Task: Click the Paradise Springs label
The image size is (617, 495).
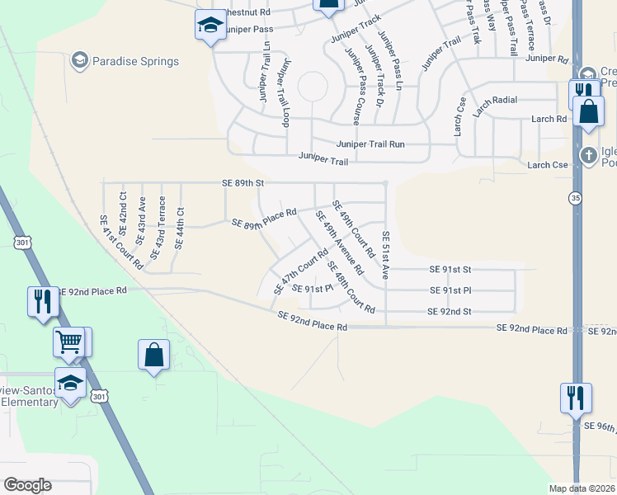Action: point(135,61)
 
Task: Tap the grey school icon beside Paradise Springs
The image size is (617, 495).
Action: point(79,59)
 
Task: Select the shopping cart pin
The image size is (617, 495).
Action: point(69,340)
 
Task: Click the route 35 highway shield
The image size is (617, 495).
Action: point(575,198)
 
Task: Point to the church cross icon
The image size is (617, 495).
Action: point(588,154)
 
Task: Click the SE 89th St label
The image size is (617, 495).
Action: point(243,182)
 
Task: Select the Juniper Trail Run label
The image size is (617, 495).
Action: point(370,144)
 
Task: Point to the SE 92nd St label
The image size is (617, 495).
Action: point(449,311)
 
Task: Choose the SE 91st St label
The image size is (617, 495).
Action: point(450,269)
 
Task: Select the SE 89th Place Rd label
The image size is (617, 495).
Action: point(264,219)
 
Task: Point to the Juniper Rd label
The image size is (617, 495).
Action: point(547,59)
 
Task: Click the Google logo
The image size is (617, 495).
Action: point(27,485)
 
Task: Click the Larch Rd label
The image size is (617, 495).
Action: point(549,119)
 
